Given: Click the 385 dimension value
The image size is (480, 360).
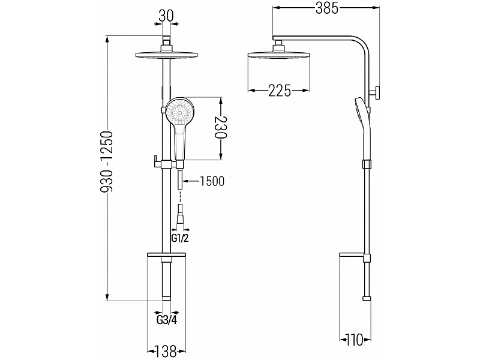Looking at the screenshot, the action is pyautogui.click(x=327, y=8).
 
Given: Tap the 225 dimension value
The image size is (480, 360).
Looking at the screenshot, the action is pyautogui.click(x=280, y=91).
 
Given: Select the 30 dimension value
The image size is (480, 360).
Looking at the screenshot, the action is pyautogui.click(x=166, y=16).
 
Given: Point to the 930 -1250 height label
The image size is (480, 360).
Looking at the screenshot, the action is pyautogui.click(x=107, y=161).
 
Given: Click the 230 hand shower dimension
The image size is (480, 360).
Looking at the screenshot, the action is pyautogui.click(x=220, y=128).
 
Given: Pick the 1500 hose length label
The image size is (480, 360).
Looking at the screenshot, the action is pyautogui.click(x=212, y=181).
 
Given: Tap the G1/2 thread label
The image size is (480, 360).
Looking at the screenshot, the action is pyautogui.click(x=179, y=238).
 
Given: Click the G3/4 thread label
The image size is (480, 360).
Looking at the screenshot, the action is pyautogui.click(x=167, y=320).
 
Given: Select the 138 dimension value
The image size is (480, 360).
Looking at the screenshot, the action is pyautogui.click(x=166, y=352).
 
